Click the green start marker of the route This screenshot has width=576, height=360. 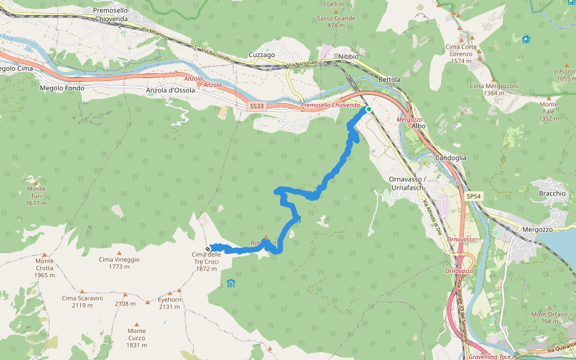coord(368,109)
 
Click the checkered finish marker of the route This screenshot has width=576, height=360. coord(208,249)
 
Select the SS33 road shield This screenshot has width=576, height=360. coord(256,106)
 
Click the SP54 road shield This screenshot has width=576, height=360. coord(473,196)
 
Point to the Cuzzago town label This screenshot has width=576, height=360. coord(262,55)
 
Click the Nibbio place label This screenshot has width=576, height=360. coord(348,56)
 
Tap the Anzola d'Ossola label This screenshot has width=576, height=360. coord(170,91)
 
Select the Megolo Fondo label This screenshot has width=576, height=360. coord(62,88)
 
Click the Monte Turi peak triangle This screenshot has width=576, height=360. coord(36,182)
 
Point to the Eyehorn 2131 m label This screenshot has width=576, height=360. coord(169,303)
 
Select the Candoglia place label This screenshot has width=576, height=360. coord(451,158)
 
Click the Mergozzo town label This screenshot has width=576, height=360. coord(520,229)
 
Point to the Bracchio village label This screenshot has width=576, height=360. coord(552,194)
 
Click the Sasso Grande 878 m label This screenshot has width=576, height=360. coord(336,22)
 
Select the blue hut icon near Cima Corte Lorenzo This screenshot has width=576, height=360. coord(526,40)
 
